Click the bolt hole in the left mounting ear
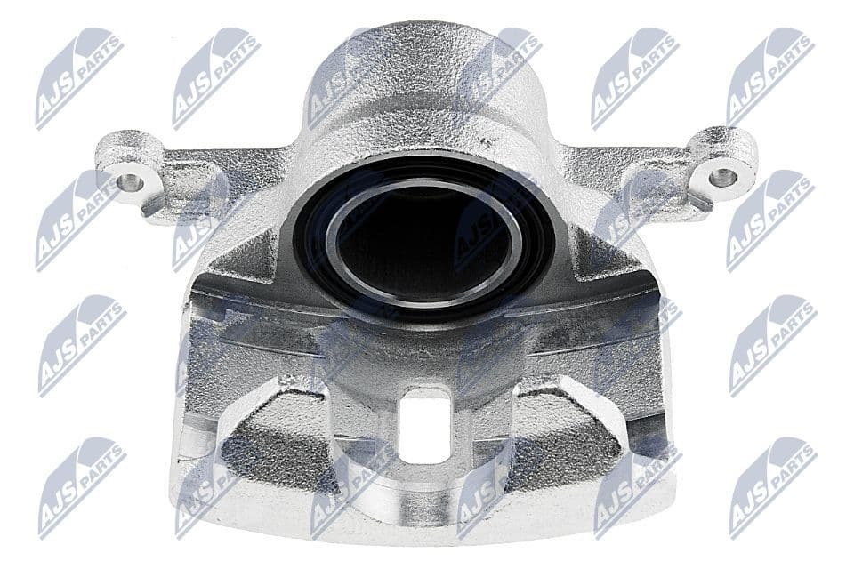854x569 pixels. point(131,181)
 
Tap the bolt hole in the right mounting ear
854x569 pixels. point(723,175)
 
